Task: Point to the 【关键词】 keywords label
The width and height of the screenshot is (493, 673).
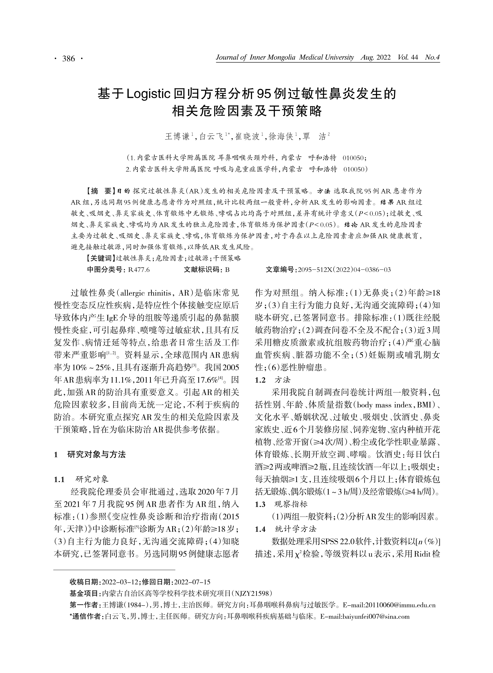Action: pyautogui.click(x=101, y=258)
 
